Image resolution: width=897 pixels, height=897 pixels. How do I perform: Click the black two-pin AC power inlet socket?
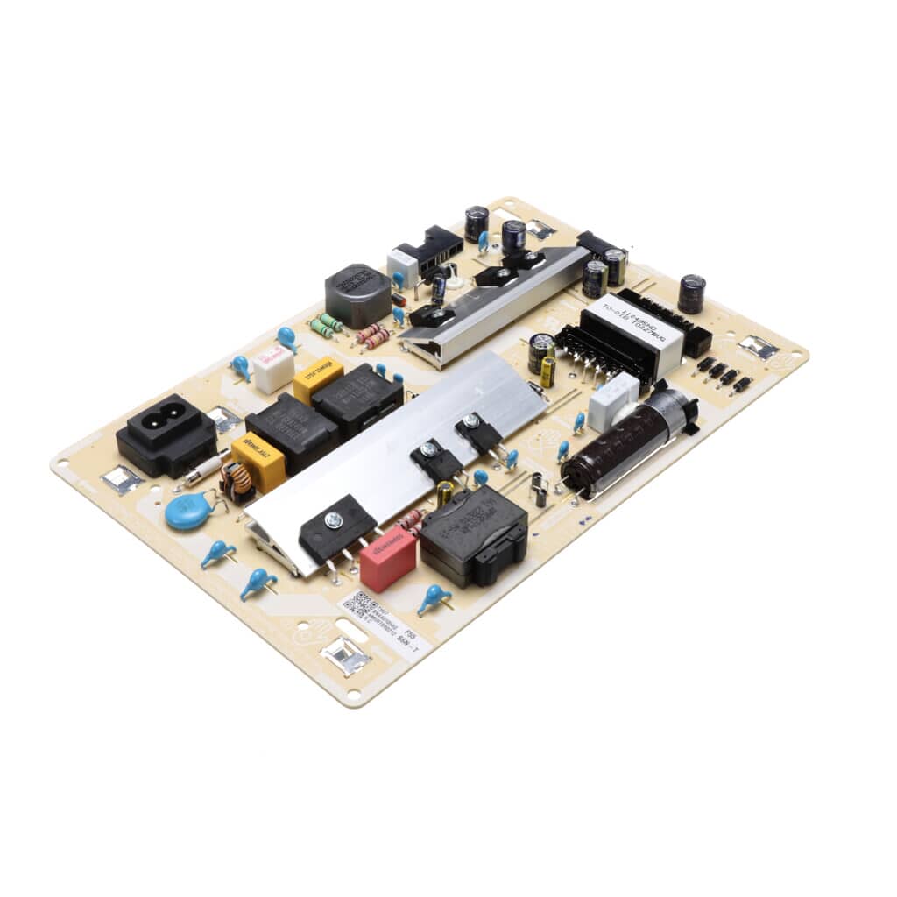pos(166,434)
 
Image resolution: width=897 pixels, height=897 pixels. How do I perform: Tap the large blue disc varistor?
pos(188,512)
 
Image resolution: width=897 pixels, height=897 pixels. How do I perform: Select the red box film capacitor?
pos(387,560)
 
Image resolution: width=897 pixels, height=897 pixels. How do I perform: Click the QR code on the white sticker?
pos(362,604)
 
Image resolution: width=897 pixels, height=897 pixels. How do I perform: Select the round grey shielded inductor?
pos(357,293)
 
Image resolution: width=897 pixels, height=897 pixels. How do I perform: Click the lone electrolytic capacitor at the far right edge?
pos(691,293)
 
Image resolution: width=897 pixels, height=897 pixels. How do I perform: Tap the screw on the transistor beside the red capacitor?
pos(333,520)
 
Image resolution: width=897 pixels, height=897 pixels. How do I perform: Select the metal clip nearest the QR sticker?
pos(344,654)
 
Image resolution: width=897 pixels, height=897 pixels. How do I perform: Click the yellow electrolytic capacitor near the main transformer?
pos(547,371)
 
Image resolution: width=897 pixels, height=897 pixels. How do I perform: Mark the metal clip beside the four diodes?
pos(757,347)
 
